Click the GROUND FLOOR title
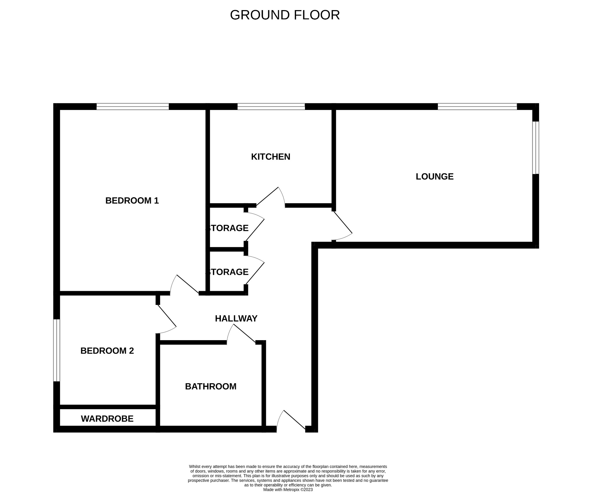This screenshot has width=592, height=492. coord(285,15)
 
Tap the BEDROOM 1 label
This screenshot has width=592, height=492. coord(132,200)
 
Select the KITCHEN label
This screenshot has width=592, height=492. coord(271,156)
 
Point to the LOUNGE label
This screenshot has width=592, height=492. coord(434,176)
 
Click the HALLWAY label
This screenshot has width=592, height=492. coord(236,318)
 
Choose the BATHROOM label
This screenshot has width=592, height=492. coord(211,386)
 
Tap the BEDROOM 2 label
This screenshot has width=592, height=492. coord(107,351)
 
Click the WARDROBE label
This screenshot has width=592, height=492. coord(107,419)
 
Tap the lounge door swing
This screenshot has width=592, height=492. coord(343,228)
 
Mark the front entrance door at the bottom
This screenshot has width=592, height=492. coord(291,422)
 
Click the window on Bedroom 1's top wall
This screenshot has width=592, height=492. coord(132,107)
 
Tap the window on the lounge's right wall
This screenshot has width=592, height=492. coord(536,148)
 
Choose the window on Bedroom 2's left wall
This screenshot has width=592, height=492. coord(56,350)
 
